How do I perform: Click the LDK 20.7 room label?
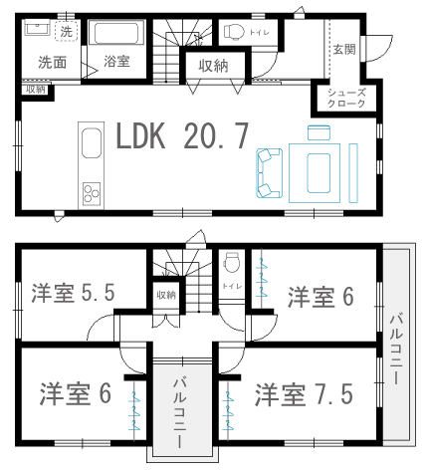(x=182, y=135)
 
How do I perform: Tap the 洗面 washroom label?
(x=52, y=62)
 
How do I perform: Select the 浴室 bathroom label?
(x=116, y=62)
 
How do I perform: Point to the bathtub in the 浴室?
(x=116, y=33)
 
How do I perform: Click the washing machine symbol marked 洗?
(x=67, y=31)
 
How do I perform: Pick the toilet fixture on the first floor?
(x=234, y=32)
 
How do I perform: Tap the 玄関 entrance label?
(x=344, y=50)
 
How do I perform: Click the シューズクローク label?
(x=346, y=98)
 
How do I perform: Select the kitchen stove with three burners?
(x=92, y=193)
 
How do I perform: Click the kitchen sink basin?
(x=92, y=142)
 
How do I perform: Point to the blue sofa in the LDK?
(x=270, y=173)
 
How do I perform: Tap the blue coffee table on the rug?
(x=319, y=173)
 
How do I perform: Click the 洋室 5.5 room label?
(x=73, y=293)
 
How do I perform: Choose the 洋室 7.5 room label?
(x=304, y=394)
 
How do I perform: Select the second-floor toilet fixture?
(x=231, y=262)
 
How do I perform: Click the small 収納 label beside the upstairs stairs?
(x=166, y=295)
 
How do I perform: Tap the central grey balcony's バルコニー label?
(x=180, y=412)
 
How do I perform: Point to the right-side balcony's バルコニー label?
(x=396, y=349)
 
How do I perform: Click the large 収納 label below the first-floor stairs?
(x=213, y=66)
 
